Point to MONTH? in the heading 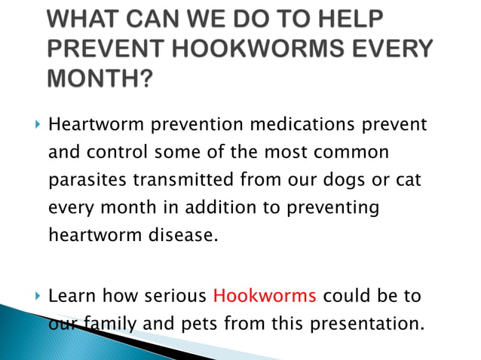tap(99, 78)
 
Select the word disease tap(182, 236)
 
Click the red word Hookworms tap(265, 295)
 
